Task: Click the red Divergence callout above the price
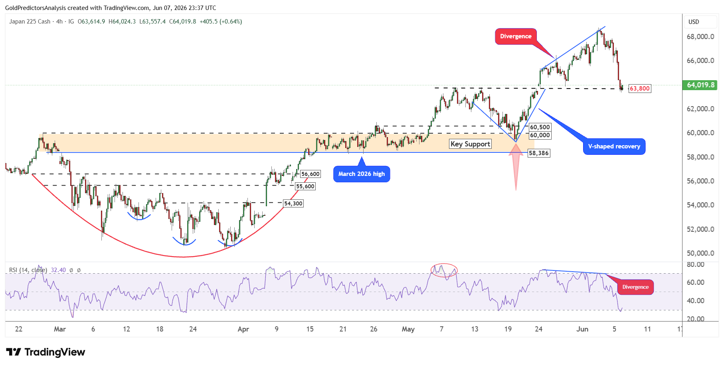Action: point(516,36)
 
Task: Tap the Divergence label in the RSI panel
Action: point(635,287)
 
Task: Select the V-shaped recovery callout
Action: point(614,146)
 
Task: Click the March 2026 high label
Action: point(362,174)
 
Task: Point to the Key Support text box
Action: point(470,144)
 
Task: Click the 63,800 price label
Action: point(639,89)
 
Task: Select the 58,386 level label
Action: point(539,153)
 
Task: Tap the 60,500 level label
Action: point(540,127)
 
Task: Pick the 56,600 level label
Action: point(310,174)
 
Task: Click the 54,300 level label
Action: point(293,203)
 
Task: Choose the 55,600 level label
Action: point(305,186)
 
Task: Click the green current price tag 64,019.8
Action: point(700,85)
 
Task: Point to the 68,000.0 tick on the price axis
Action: point(700,37)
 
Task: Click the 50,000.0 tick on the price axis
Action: point(700,253)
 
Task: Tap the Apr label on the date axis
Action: point(243,329)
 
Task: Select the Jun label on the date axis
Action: point(582,329)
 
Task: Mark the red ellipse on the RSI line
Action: point(444,264)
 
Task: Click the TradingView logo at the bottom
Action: point(45,352)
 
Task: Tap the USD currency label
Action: point(694,22)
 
